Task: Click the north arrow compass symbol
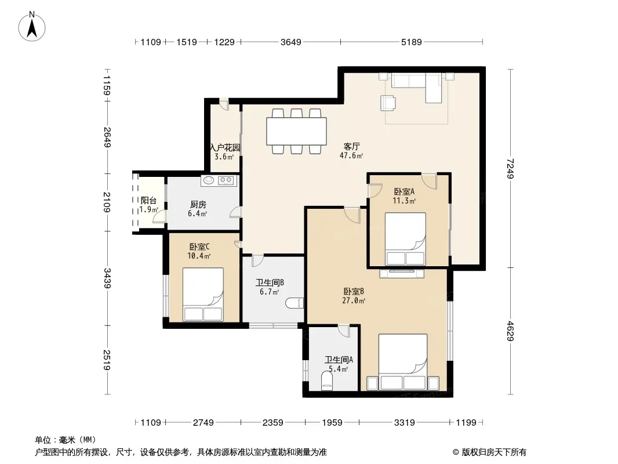coord(32,27)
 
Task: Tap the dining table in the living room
coord(296,131)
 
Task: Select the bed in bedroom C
coord(203,295)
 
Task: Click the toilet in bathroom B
coord(295,303)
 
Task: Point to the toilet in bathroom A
coord(327,382)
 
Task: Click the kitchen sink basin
coord(209,180)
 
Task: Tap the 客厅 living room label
coord(351,147)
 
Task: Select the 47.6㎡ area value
coord(351,155)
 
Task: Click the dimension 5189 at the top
coord(412,42)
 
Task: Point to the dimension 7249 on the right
coord(510,168)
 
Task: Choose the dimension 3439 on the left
coord(107,278)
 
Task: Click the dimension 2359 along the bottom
coord(272,423)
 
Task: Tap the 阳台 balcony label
coord(148,201)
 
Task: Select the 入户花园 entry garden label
coord(225,148)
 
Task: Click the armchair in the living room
coord(388,103)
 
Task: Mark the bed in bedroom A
coord(405,239)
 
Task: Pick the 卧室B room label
coord(354,292)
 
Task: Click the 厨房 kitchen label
coord(198,205)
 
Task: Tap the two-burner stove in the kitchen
coord(226,180)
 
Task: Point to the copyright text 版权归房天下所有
coord(494,452)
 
